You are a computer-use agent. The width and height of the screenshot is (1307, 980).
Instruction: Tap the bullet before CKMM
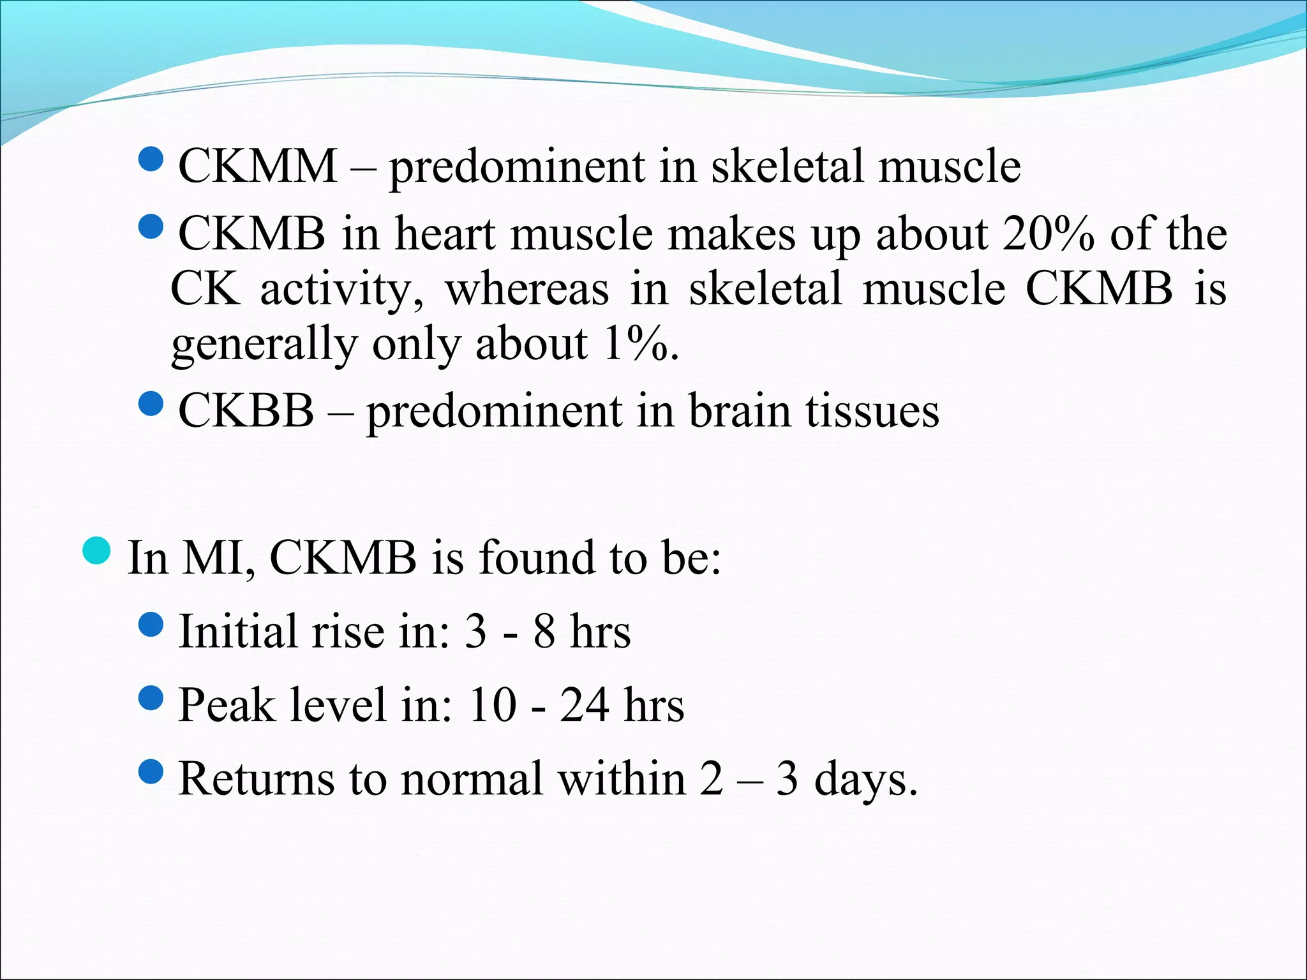151,158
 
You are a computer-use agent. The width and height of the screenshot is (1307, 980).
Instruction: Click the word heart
445,234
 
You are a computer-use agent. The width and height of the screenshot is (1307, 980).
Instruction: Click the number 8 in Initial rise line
544,632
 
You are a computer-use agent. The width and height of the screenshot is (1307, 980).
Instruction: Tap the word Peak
227,706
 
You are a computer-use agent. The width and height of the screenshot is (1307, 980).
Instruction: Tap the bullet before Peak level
151,697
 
